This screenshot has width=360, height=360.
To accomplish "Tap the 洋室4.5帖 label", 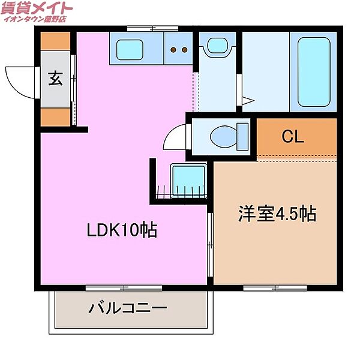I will click(278, 215).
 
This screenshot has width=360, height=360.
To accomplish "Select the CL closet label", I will click(293, 137).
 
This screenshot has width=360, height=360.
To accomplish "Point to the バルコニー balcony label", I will click(128, 310).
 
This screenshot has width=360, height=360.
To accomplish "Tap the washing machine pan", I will click(188, 179).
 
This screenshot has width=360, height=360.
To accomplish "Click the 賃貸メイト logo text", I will click(37, 8).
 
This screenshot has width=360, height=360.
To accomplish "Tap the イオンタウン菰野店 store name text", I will click(35, 20).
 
